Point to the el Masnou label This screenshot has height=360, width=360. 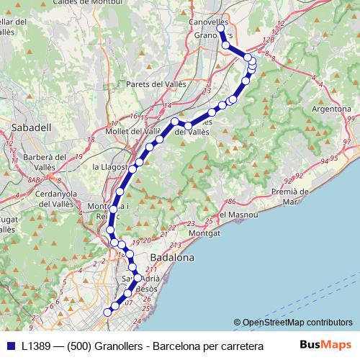coord(237,215)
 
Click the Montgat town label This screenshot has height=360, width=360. coord(203,233)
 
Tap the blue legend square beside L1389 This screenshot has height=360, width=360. coord(9,345)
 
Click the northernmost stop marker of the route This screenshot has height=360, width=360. coord(220,30)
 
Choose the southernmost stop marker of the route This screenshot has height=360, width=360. coord(108,312)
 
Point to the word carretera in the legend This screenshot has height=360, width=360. coord(239,345)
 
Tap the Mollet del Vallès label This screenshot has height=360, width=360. coord(133,132)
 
